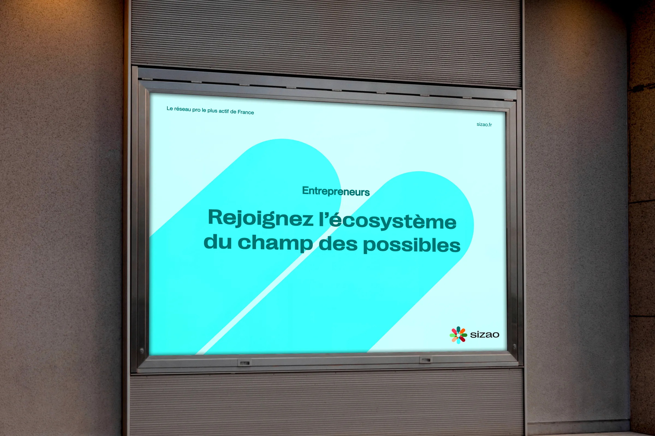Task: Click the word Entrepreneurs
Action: (x=336, y=191)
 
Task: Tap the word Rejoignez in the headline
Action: (x=261, y=219)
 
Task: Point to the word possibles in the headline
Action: (x=412, y=245)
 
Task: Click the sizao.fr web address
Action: (x=484, y=125)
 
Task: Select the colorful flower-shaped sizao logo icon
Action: (x=458, y=335)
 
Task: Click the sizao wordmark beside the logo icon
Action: (x=485, y=335)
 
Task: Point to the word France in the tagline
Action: (x=246, y=112)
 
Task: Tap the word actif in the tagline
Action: (x=224, y=111)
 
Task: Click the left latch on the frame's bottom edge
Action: (x=245, y=363)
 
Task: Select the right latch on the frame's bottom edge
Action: (x=426, y=360)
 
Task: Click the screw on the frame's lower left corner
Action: (x=142, y=350)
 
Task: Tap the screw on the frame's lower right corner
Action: (x=514, y=346)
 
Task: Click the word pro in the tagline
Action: (x=196, y=110)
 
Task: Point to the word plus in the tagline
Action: (x=212, y=111)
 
